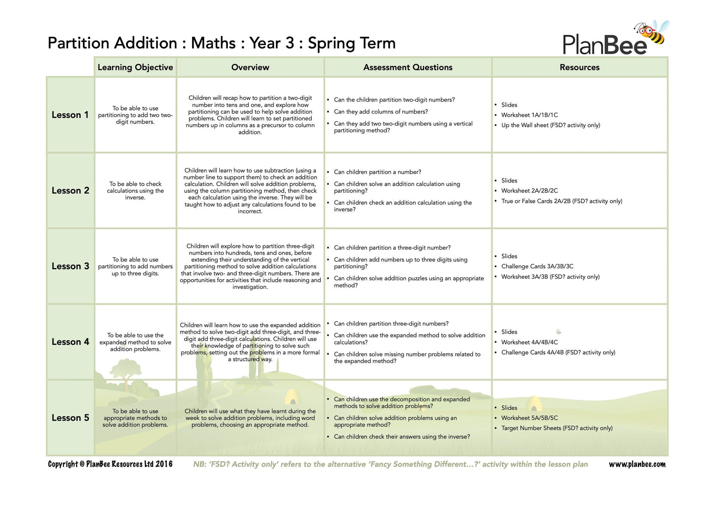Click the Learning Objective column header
pyautogui.click(x=135, y=67)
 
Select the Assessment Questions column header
pyautogui.click(x=408, y=67)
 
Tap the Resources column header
pyautogui.click(x=579, y=67)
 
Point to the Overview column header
pyautogui.click(x=250, y=67)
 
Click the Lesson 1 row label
pyautogui.click(x=70, y=115)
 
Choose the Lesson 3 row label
pyautogui.click(x=70, y=266)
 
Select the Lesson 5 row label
pyautogui.click(x=70, y=418)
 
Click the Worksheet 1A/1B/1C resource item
pyautogui.click(x=529, y=115)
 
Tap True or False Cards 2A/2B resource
pyautogui.click(x=562, y=201)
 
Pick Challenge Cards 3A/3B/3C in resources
pyautogui.click(x=537, y=266)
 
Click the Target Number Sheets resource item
pyautogui.click(x=557, y=428)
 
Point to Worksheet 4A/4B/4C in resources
pyautogui.click(x=529, y=342)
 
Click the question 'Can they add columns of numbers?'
pyautogui.click(x=381, y=112)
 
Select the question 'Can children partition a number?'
pyautogui.click(x=378, y=172)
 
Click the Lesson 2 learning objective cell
pyautogui.click(x=135, y=190)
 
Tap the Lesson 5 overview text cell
pyautogui.click(x=250, y=418)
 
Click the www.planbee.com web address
pyautogui.click(x=637, y=464)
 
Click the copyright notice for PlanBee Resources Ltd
pyautogui.click(x=110, y=464)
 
